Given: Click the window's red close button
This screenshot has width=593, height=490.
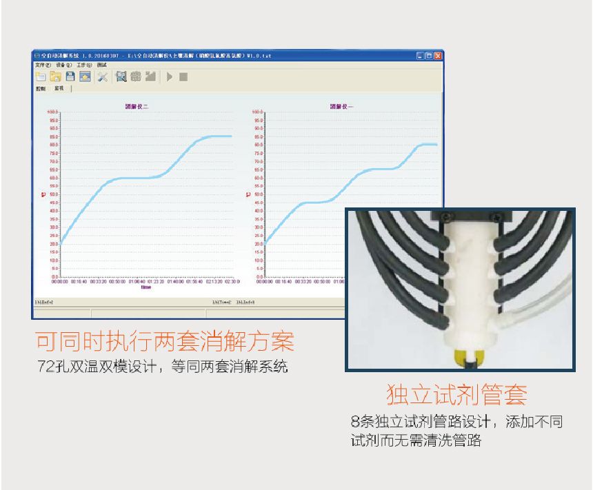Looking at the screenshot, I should click(437, 55).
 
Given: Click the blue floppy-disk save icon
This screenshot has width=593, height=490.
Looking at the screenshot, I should click(70, 76).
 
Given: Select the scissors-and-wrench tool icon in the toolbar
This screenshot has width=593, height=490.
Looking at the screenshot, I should click(102, 76).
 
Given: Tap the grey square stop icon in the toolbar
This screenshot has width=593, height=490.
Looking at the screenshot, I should click(183, 76).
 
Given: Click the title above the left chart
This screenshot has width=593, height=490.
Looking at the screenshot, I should click(137, 106).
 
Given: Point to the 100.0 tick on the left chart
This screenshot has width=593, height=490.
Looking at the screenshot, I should click(53, 111).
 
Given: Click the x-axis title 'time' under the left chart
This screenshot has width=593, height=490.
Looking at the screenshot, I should click(145, 287).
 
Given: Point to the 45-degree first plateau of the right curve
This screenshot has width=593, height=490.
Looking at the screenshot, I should click(314, 203).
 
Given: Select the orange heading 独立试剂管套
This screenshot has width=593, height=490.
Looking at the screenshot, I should click(456, 395).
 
